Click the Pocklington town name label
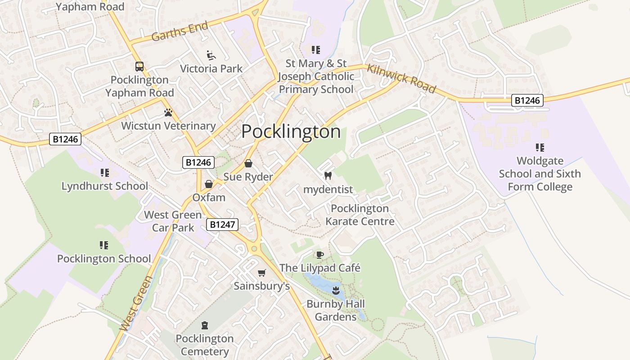click(x=291, y=131)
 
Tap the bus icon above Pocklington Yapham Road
click(x=139, y=67)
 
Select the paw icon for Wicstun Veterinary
click(x=168, y=112)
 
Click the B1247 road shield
click(x=222, y=224)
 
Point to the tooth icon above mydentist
click(x=328, y=176)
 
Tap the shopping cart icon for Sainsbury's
click(x=261, y=273)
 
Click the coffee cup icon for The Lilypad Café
click(x=319, y=255)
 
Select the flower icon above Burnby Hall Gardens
click(x=335, y=290)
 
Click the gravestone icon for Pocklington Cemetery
click(x=205, y=325)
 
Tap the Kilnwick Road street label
click(x=401, y=78)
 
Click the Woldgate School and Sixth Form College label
click(x=540, y=174)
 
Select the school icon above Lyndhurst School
click(x=104, y=172)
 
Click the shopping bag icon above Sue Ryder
click(x=248, y=163)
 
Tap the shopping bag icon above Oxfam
click(x=208, y=184)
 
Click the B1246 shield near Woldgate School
click(x=527, y=100)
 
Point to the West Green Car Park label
click(x=173, y=221)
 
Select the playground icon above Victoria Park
click(x=211, y=55)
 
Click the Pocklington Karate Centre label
click(x=360, y=215)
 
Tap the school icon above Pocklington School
click(x=104, y=245)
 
